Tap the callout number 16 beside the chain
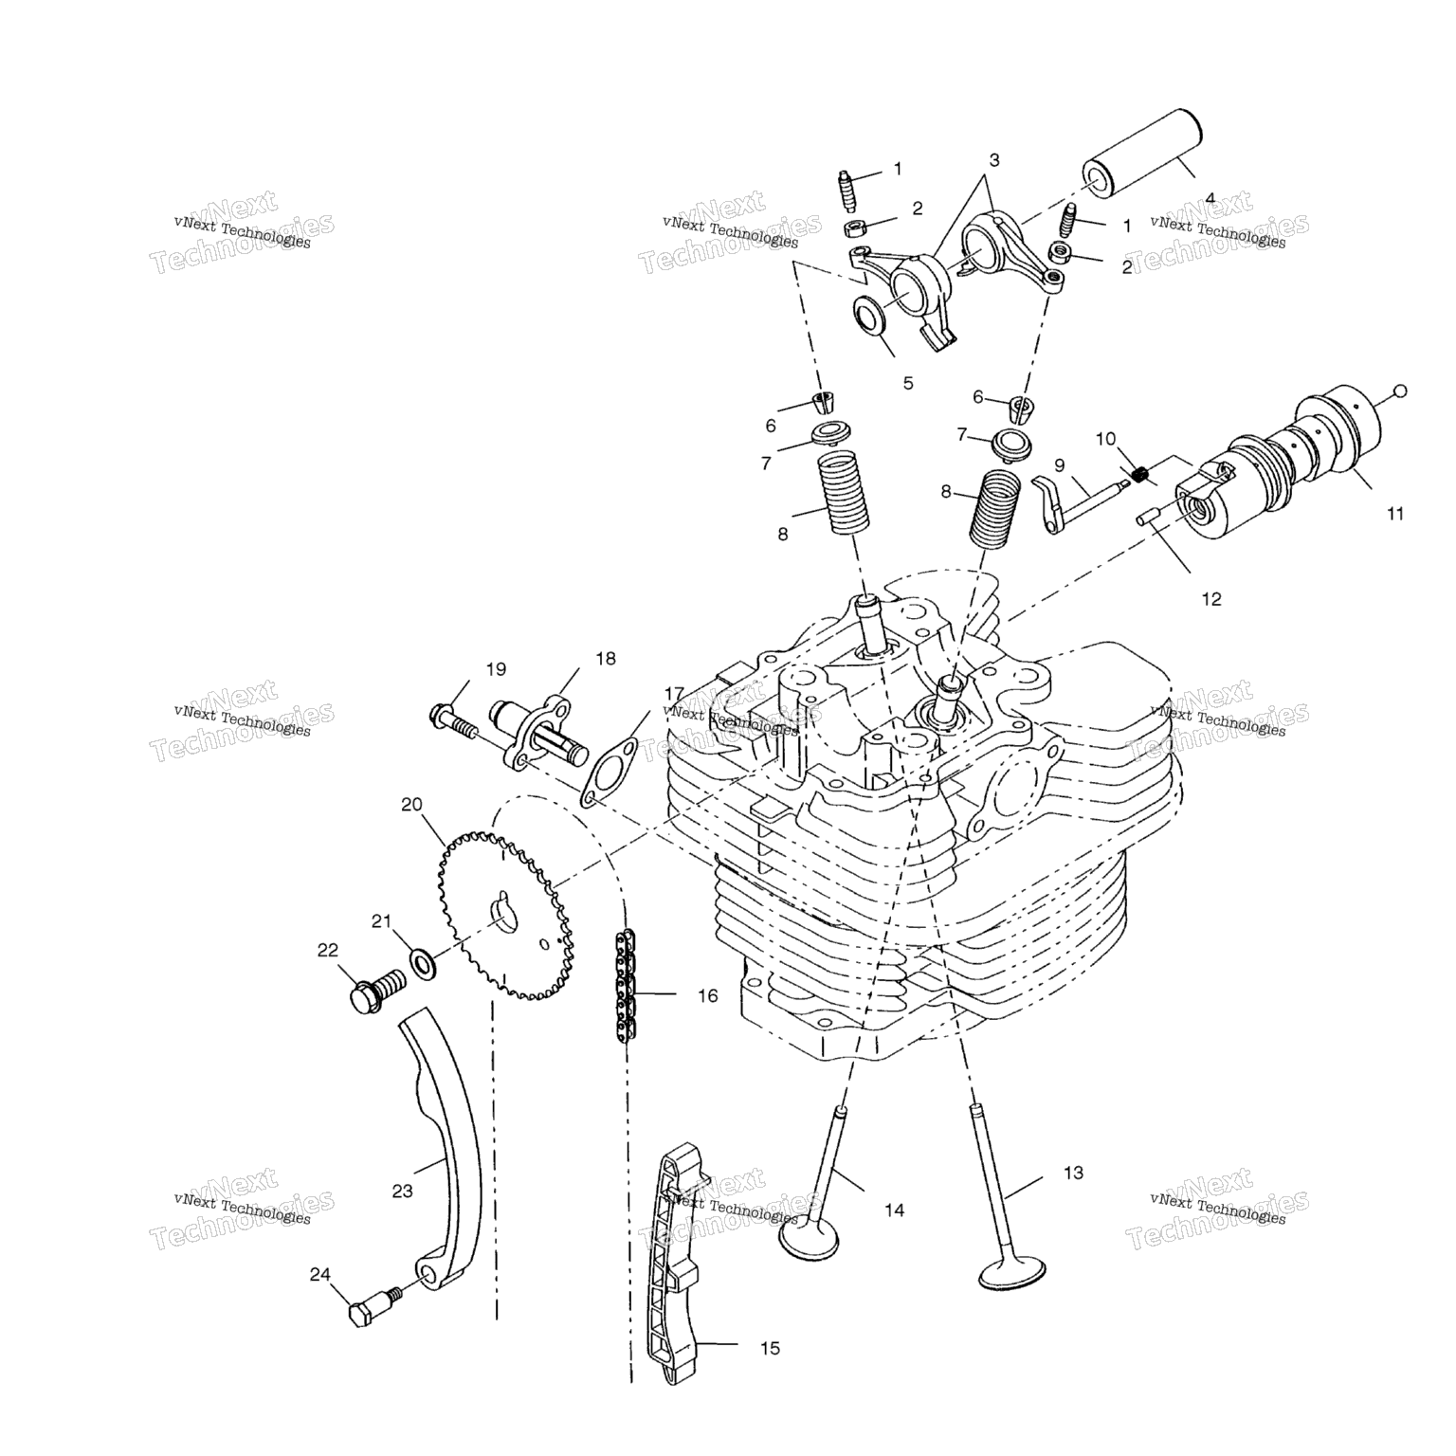707,996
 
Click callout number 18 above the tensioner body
605,658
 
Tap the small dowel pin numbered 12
1153,514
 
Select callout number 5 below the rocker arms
907,383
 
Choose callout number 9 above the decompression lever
1059,464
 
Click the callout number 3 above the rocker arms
993,159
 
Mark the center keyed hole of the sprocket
504,907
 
